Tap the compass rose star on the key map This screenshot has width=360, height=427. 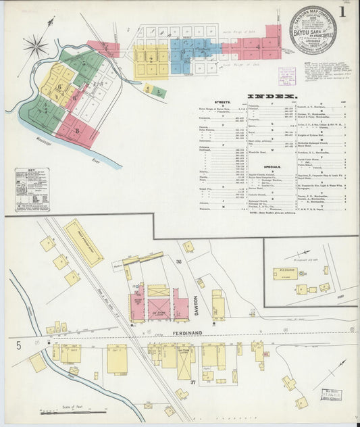click(x=36, y=47)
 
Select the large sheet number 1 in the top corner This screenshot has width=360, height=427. click(x=342, y=11)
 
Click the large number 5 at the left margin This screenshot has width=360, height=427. click(x=19, y=346)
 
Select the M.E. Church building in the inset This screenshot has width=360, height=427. click(x=284, y=274)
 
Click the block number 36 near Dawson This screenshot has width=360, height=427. click(x=180, y=262)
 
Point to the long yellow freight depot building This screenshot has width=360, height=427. click(x=84, y=243)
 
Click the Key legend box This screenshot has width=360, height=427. click(x=32, y=190)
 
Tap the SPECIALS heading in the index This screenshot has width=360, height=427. click(x=273, y=166)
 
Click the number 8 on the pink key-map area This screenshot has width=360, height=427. click(x=77, y=130)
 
